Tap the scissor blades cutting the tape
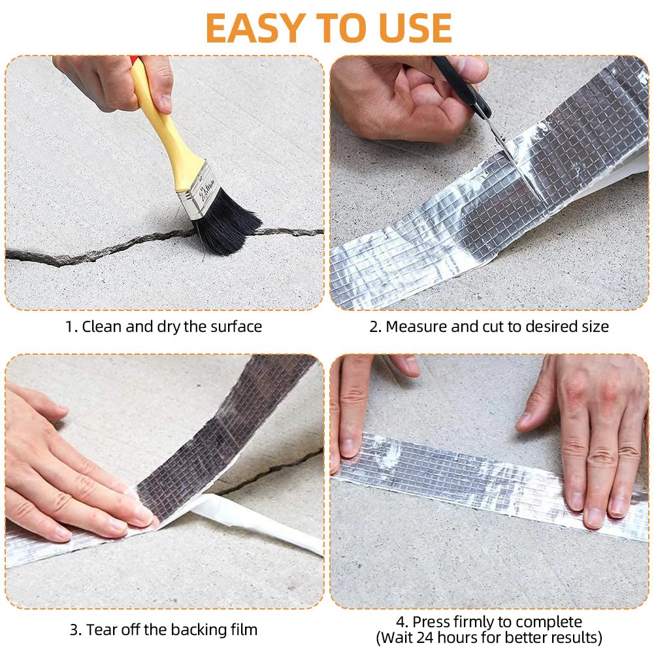[x=507, y=146]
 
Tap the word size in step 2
[x=595, y=327]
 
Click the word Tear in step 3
[x=102, y=629]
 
